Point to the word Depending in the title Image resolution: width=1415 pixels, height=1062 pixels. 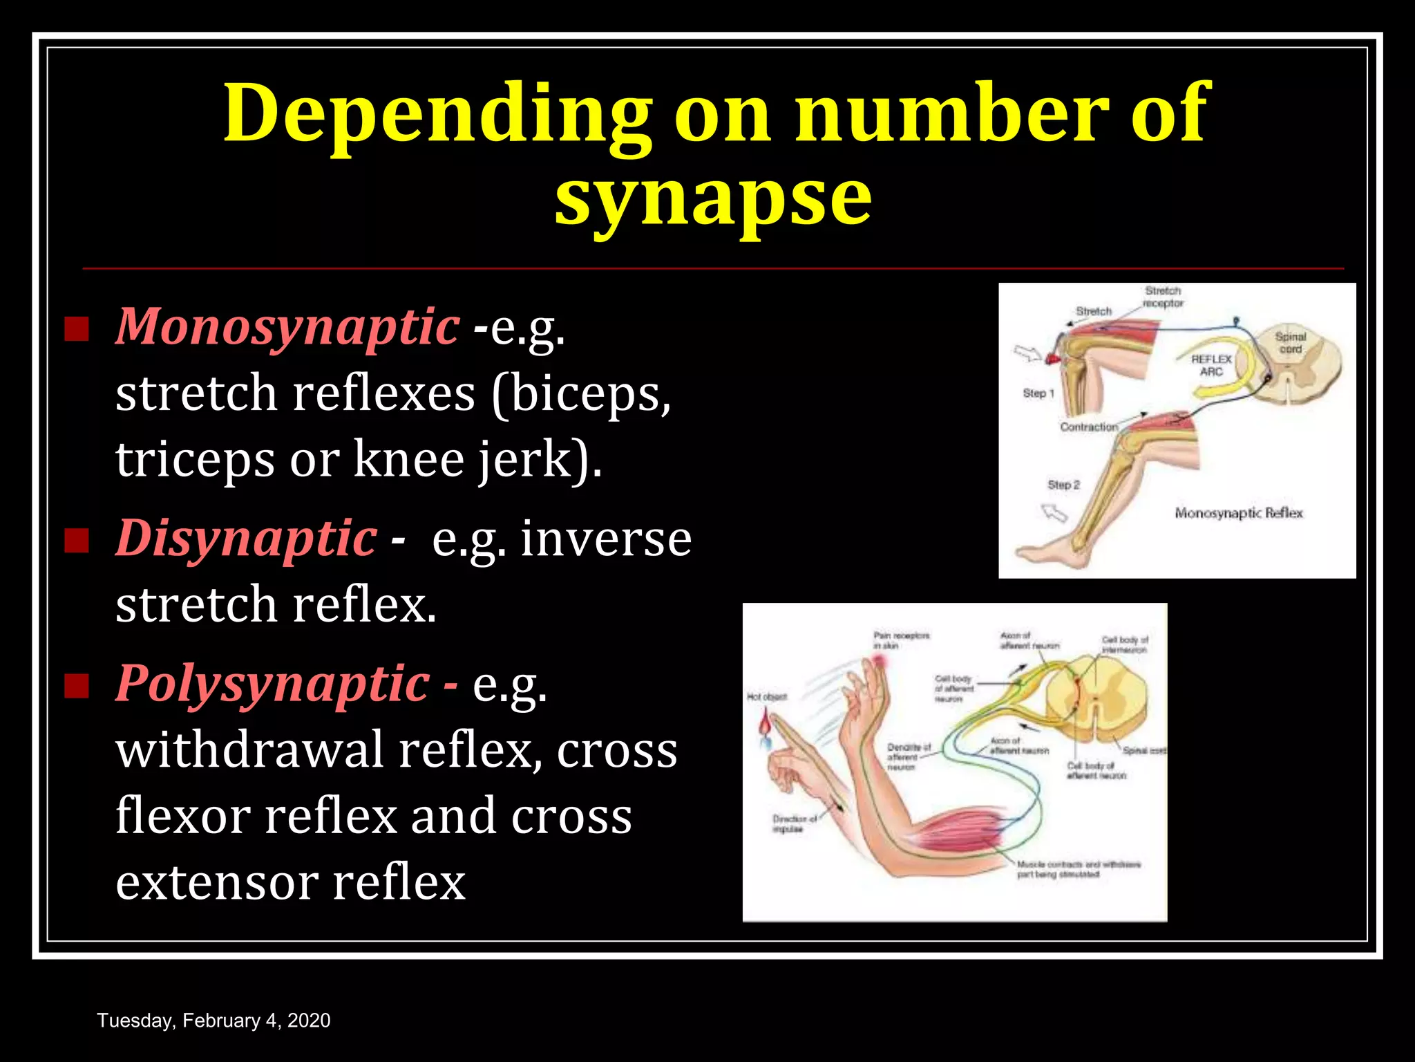pos(437,114)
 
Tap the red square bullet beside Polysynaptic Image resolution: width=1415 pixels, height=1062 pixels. pos(77,686)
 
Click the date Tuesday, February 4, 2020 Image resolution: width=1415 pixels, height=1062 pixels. pos(213,1021)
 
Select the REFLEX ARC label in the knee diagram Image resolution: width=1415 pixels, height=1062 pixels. pos(1211,365)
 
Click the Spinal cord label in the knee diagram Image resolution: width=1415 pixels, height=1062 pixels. pos(1290,342)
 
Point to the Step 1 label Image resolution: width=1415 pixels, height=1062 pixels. pos(1038,393)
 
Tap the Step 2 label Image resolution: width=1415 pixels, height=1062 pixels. pos(1063,485)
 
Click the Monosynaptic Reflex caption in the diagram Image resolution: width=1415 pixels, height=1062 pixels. pos(1238,513)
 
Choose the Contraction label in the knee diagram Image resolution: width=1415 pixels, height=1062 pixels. pos(1089,427)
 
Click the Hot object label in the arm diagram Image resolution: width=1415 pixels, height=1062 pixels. pos(766,697)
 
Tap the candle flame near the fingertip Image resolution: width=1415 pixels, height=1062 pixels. pos(766,724)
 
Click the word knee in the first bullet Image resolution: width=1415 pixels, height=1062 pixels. pos(408,458)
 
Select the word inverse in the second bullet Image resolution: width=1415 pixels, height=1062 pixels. pos(606,539)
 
